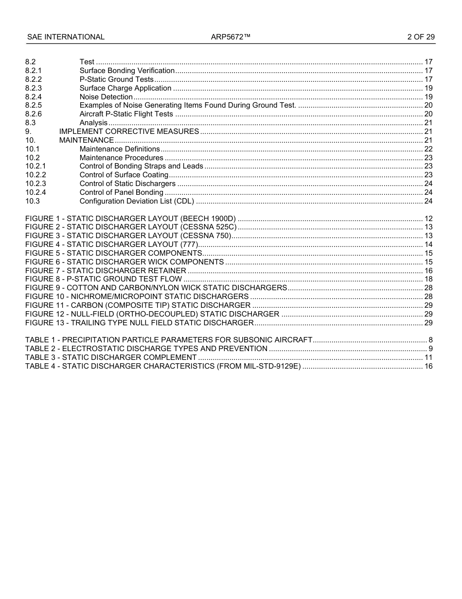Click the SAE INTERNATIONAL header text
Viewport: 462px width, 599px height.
click(x=66, y=37)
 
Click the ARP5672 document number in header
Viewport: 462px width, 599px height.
click(x=231, y=37)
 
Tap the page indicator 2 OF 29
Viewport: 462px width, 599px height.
click(x=421, y=37)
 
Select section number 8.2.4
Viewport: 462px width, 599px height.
click(x=34, y=97)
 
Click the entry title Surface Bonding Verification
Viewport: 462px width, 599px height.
click(x=127, y=71)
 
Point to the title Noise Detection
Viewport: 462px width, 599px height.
click(x=106, y=97)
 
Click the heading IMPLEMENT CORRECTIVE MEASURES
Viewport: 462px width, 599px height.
click(x=129, y=131)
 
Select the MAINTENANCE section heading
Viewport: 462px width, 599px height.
click(x=87, y=140)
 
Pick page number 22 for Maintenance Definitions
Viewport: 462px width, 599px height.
click(x=428, y=149)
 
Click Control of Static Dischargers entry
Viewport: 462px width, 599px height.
click(x=127, y=184)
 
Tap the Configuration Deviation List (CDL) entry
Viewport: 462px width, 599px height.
click(x=137, y=201)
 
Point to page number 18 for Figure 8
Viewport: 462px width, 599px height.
click(x=428, y=279)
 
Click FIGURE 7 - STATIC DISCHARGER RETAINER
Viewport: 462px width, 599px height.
click(x=106, y=271)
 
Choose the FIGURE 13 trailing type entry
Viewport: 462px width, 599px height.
click(x=139, y=323)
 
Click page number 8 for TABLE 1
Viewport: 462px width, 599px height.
click(x=430, y=340)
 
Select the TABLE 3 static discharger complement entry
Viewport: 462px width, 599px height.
click(x=111, y=357)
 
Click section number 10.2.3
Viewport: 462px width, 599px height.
click(x=36, y=184)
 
